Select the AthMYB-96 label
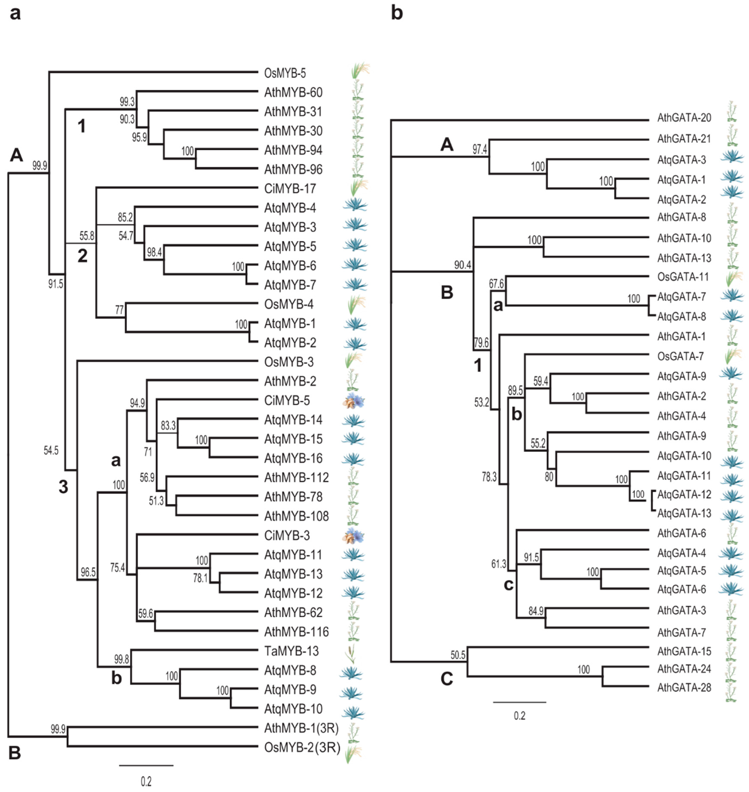pos(293,170)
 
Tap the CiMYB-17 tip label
pos(290,189)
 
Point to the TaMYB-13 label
pos(291,651)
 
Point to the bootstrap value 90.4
pos(462,265)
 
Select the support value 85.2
pos(125,218)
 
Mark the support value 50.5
pos(458,655)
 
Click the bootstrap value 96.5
pos(88,573)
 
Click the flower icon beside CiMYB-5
pos(353,401)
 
